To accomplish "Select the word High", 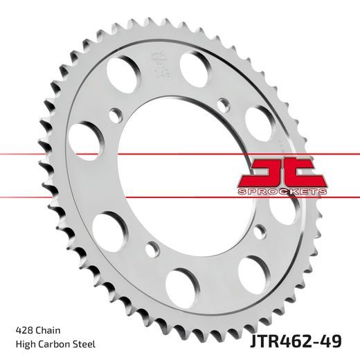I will click(24, 344).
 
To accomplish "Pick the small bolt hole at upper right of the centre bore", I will click(222, 104).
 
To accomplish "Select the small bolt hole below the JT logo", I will click(259, 231).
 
